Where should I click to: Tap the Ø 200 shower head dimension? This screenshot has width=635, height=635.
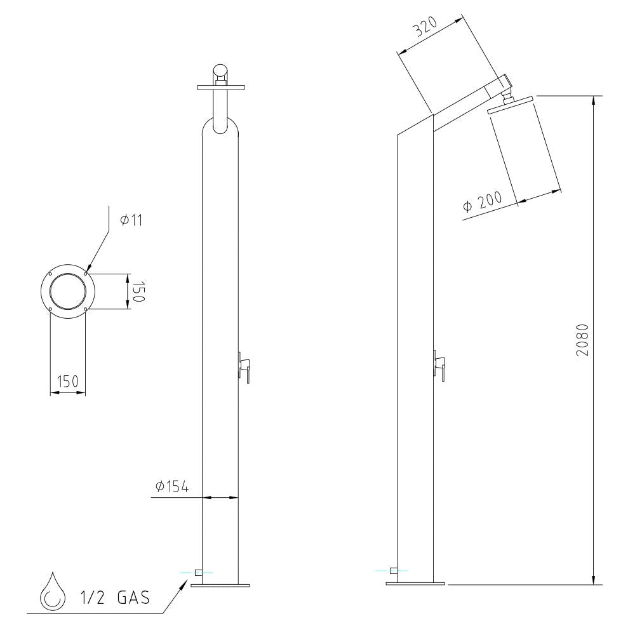click(483, 201)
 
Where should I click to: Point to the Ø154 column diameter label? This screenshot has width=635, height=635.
click(172, 486)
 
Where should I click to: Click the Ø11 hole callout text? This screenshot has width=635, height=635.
click(131, 220)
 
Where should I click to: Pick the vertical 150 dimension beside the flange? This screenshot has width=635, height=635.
click(138, 291)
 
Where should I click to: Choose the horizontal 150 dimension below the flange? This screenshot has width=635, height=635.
click(68, 382)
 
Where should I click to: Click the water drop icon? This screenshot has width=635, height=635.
click(53, 592)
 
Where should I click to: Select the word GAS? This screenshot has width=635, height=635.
click(133, 598)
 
